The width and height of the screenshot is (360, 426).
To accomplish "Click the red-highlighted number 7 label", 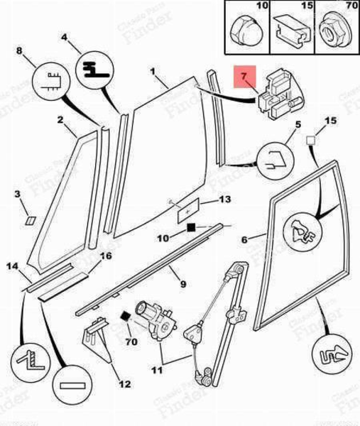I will point(244,75).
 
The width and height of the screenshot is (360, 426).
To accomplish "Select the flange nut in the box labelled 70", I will point(330,31).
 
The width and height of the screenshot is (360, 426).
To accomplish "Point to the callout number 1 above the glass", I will point(152,72).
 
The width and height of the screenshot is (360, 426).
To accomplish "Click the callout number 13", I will point(224,200).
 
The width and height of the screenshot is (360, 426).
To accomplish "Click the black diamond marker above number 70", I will point(126,317).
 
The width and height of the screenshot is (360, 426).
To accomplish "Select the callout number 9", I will point(182,284).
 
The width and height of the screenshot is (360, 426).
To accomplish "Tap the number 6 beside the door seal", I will point(244,240).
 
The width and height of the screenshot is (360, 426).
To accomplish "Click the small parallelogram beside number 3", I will point(28,219).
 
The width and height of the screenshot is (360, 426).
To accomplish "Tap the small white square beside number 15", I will point(311,141).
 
